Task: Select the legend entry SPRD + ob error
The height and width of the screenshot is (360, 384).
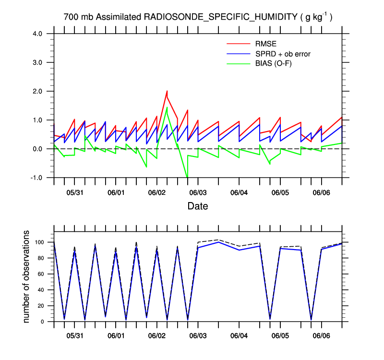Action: coord(283,54)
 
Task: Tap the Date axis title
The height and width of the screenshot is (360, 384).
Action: coord(198,205)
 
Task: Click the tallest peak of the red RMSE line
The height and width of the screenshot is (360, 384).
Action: coord(167,91)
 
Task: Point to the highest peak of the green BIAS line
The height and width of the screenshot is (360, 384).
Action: coord(167,108)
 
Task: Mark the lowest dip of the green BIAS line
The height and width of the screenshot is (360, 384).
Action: coord(187,177)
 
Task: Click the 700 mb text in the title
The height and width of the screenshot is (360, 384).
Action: coord(79,17)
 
